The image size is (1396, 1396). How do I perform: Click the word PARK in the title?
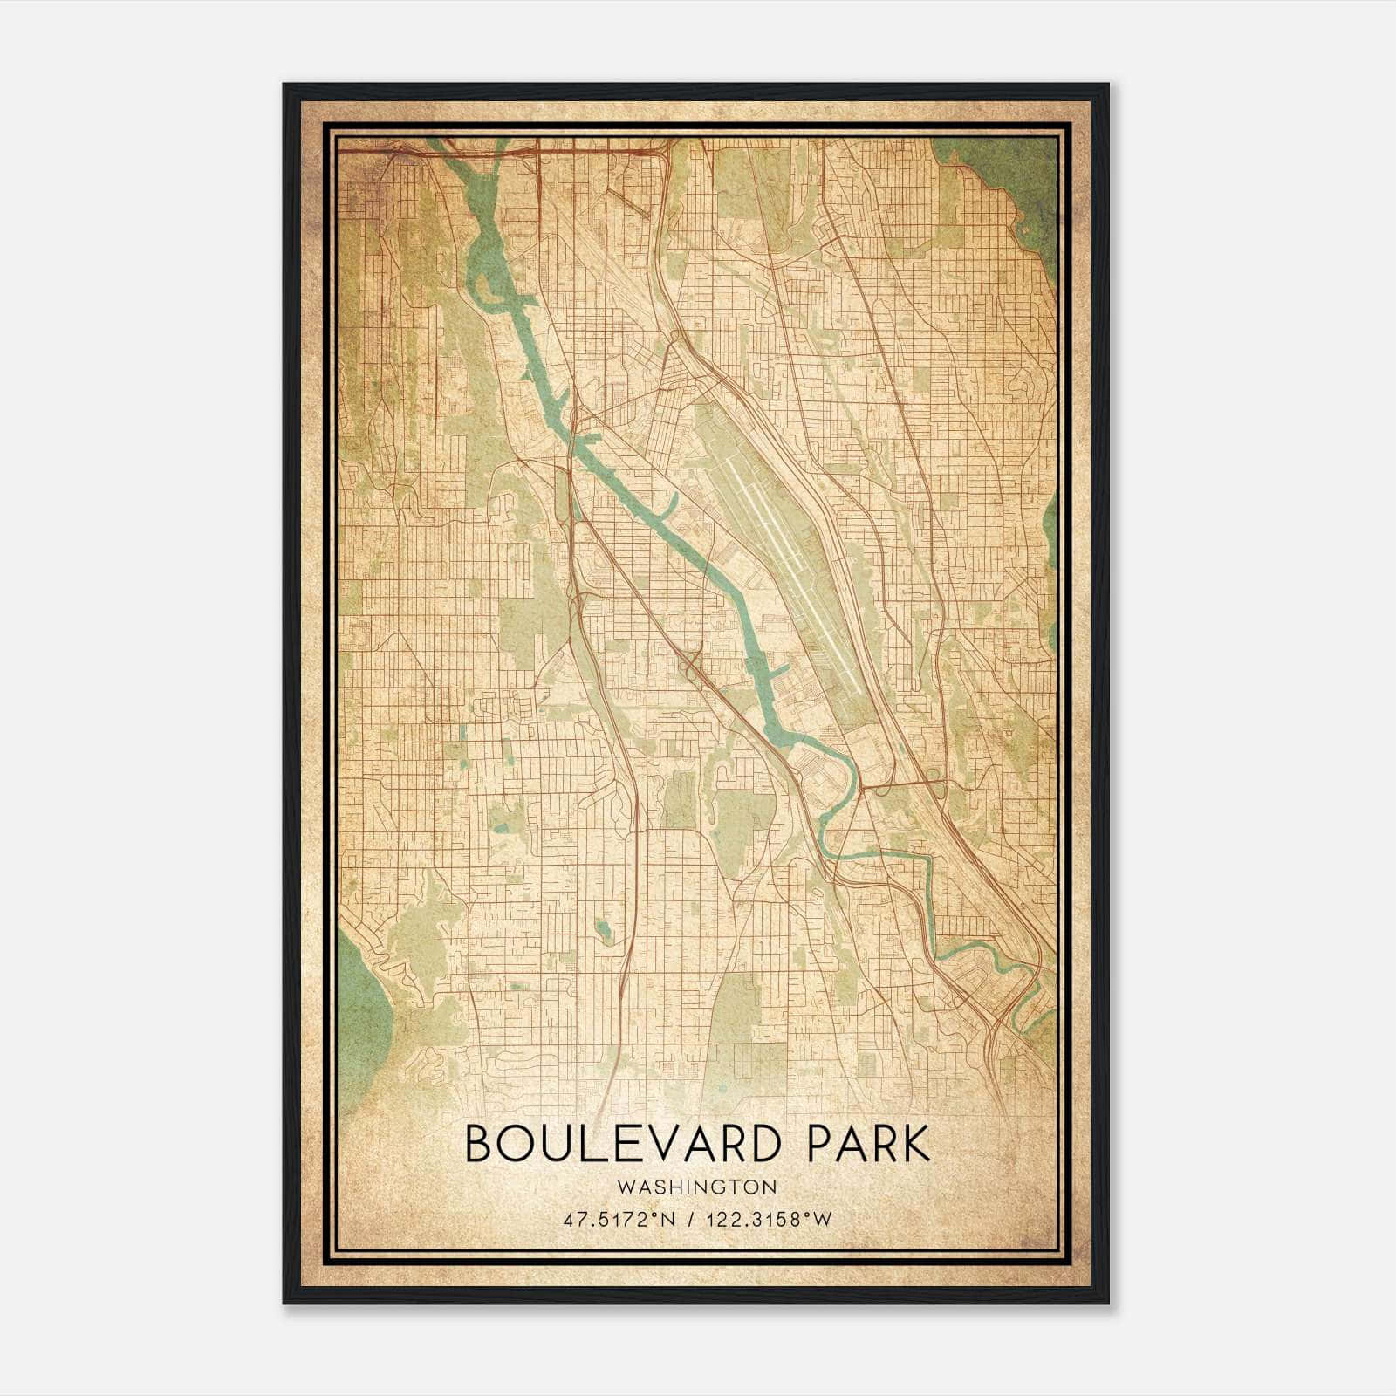[x=868, y=1144]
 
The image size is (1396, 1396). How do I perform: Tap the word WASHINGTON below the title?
[x=696, y=1187]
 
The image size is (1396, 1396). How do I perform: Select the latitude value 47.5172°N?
[x=619, y=1220]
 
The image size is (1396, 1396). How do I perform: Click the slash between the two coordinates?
[x=691, y=1220]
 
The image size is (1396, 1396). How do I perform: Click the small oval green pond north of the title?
[x=603, y=928]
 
